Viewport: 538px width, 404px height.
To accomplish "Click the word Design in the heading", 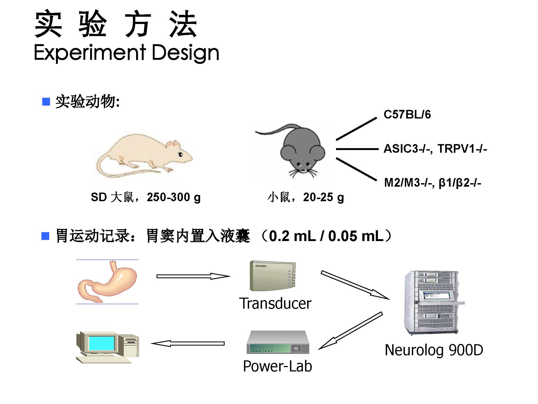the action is pos(186,53).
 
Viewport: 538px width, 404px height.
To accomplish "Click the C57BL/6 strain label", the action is pos(407,114).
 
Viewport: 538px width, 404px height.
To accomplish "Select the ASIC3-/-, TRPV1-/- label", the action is pos(435,149).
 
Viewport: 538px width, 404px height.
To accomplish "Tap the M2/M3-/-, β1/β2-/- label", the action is pos(433,183).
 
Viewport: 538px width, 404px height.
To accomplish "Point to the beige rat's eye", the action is pos(180,154).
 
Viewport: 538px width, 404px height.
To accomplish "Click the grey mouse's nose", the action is pos(303,170).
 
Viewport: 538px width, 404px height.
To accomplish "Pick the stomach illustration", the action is pos(107,281).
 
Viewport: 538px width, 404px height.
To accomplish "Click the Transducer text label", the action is pos(275,303).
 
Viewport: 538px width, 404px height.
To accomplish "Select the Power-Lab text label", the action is pos(277,366).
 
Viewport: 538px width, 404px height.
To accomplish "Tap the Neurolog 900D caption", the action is pos(434,350).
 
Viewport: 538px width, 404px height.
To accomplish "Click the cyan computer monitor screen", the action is pos(102,343).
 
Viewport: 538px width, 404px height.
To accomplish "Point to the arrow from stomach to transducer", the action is pos(193,276).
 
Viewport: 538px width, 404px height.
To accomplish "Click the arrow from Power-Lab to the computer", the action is pos(188,343).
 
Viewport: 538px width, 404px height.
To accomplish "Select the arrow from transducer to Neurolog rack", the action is pos(355,285).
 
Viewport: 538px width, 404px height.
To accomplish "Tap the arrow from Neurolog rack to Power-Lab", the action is pos(350,331).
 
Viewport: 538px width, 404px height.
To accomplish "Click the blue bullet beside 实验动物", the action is pos(46,102).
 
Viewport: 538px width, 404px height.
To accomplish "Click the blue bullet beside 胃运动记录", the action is pos(45,236).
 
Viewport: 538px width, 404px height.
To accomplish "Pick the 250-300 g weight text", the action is pos(174,197).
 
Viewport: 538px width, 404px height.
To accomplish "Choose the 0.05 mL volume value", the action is pos(356,236).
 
